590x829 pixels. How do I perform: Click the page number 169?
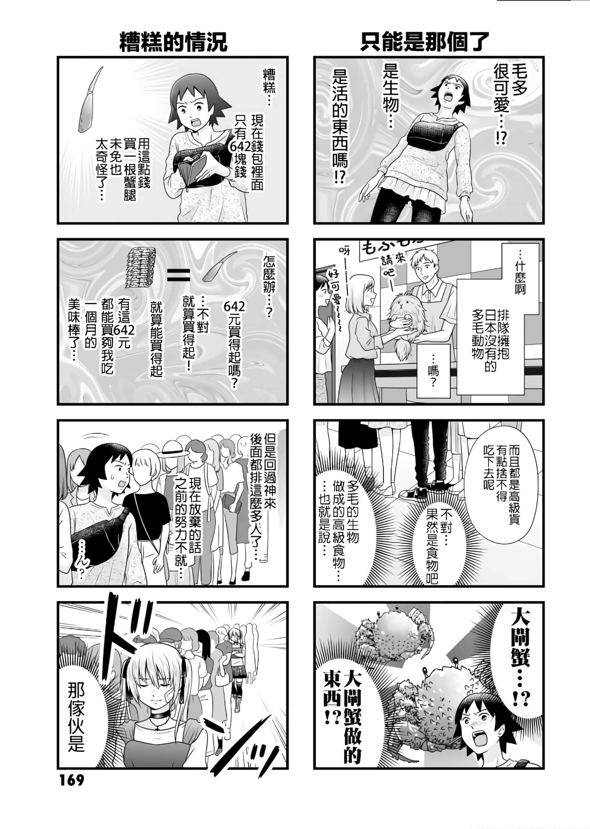click(x=72, y=780)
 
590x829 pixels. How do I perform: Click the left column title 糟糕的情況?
click(x=173, y=42)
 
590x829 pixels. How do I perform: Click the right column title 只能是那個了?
click(x=424, y=42)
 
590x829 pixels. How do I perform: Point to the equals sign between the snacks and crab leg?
click(x=179, y=275)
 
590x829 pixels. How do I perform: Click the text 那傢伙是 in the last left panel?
click(x=76, y=716)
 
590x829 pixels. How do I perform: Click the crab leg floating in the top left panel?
click(x=89, y=100)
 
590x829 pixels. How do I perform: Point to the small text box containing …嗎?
click(x=433, y=370)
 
